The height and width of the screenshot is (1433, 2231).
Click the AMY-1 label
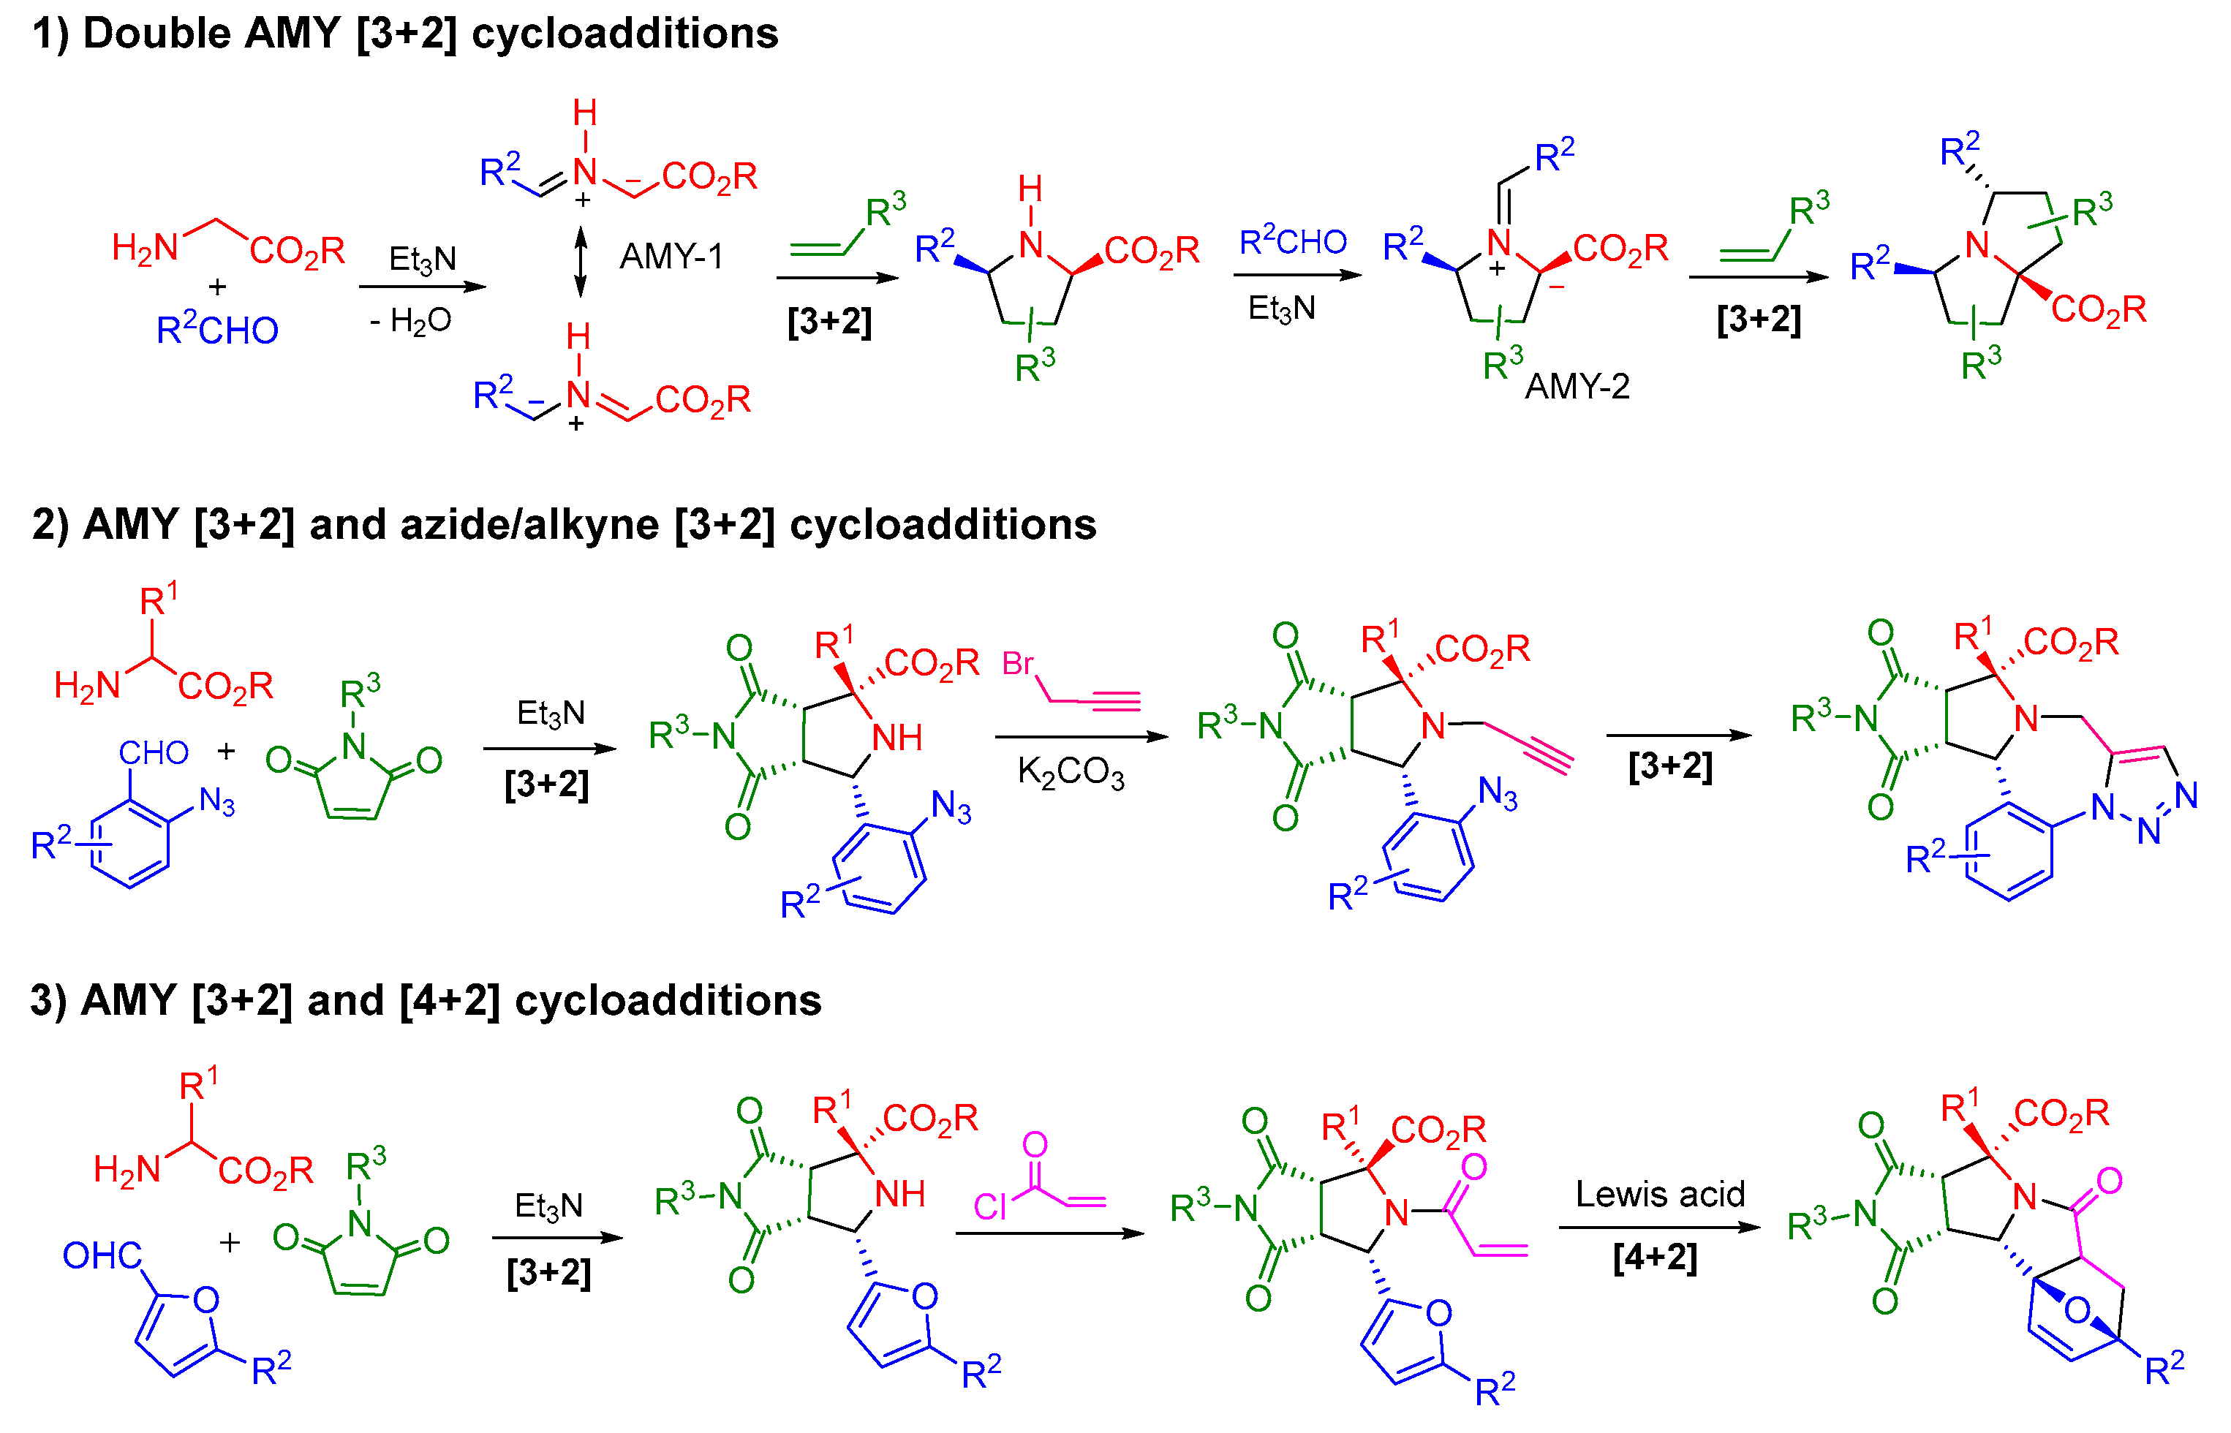671,256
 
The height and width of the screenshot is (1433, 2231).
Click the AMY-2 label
1577,386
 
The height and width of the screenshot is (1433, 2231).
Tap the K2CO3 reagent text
1071,772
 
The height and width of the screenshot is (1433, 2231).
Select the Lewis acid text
1659,1194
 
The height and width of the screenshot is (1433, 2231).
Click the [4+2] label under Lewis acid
1655,1257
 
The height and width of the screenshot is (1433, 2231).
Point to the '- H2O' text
410,321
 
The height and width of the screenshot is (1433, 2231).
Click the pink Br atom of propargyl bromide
1017,663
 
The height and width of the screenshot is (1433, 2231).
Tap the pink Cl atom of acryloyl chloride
989,1207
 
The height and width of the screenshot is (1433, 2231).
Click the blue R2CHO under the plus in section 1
217,330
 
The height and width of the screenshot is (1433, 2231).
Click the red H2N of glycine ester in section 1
144,248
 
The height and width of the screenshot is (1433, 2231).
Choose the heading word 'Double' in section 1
156,34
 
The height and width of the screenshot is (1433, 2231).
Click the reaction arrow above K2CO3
1081,737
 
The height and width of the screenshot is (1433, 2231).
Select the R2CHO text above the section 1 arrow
1293,242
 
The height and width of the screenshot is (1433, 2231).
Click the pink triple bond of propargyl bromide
1115,700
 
